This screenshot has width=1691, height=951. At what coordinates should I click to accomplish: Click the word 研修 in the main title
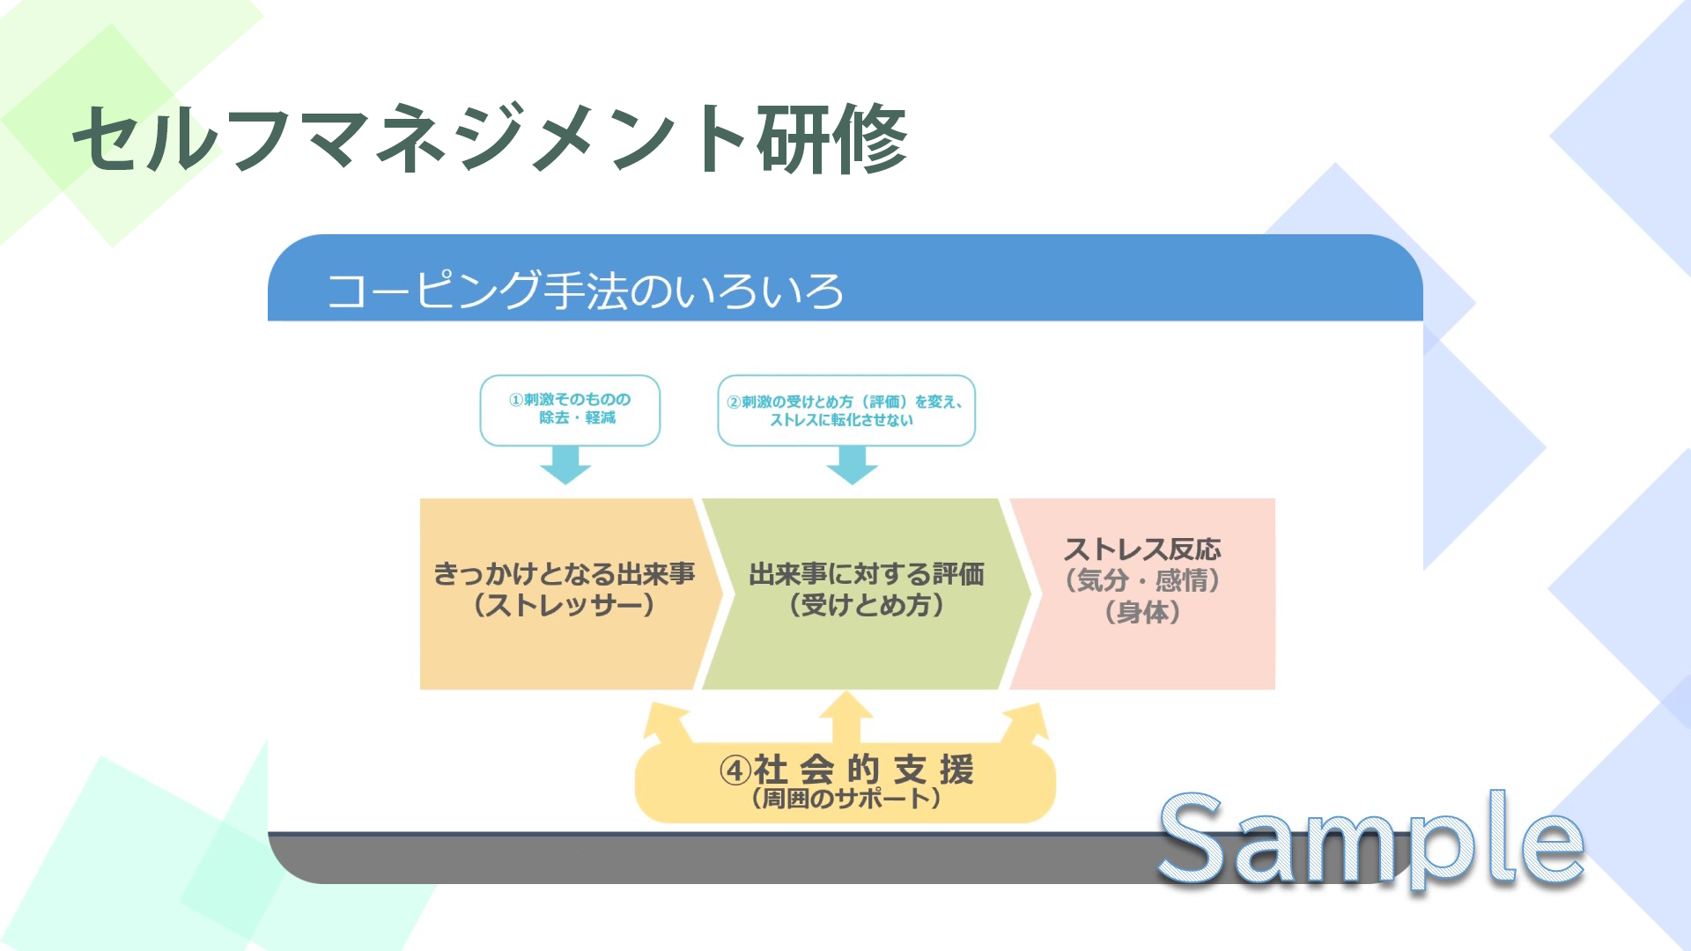[831, 138]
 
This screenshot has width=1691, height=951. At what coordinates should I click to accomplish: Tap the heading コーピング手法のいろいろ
[585, 291]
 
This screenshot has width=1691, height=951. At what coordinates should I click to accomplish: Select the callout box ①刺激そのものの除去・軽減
[570, 409]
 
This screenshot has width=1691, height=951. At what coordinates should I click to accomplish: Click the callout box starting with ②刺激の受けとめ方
[845, 410]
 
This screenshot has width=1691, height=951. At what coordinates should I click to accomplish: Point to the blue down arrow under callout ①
[565, 464]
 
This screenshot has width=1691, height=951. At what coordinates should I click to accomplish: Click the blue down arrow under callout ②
[852, 464]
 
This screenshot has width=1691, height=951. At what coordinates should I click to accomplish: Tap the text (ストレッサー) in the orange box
[564, 606]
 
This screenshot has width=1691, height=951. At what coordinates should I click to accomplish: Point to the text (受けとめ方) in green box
[866, 606]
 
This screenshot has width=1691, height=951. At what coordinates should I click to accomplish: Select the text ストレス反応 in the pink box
[1142, 549]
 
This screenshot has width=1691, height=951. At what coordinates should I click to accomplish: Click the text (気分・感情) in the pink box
[1142, 581]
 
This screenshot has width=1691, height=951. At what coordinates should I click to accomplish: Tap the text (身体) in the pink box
[1142, 612]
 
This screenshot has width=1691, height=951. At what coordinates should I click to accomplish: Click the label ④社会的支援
[845, 770]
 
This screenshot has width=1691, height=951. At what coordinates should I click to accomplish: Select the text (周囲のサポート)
[845, 799]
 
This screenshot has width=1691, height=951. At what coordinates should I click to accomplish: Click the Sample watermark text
[1370, 841]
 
